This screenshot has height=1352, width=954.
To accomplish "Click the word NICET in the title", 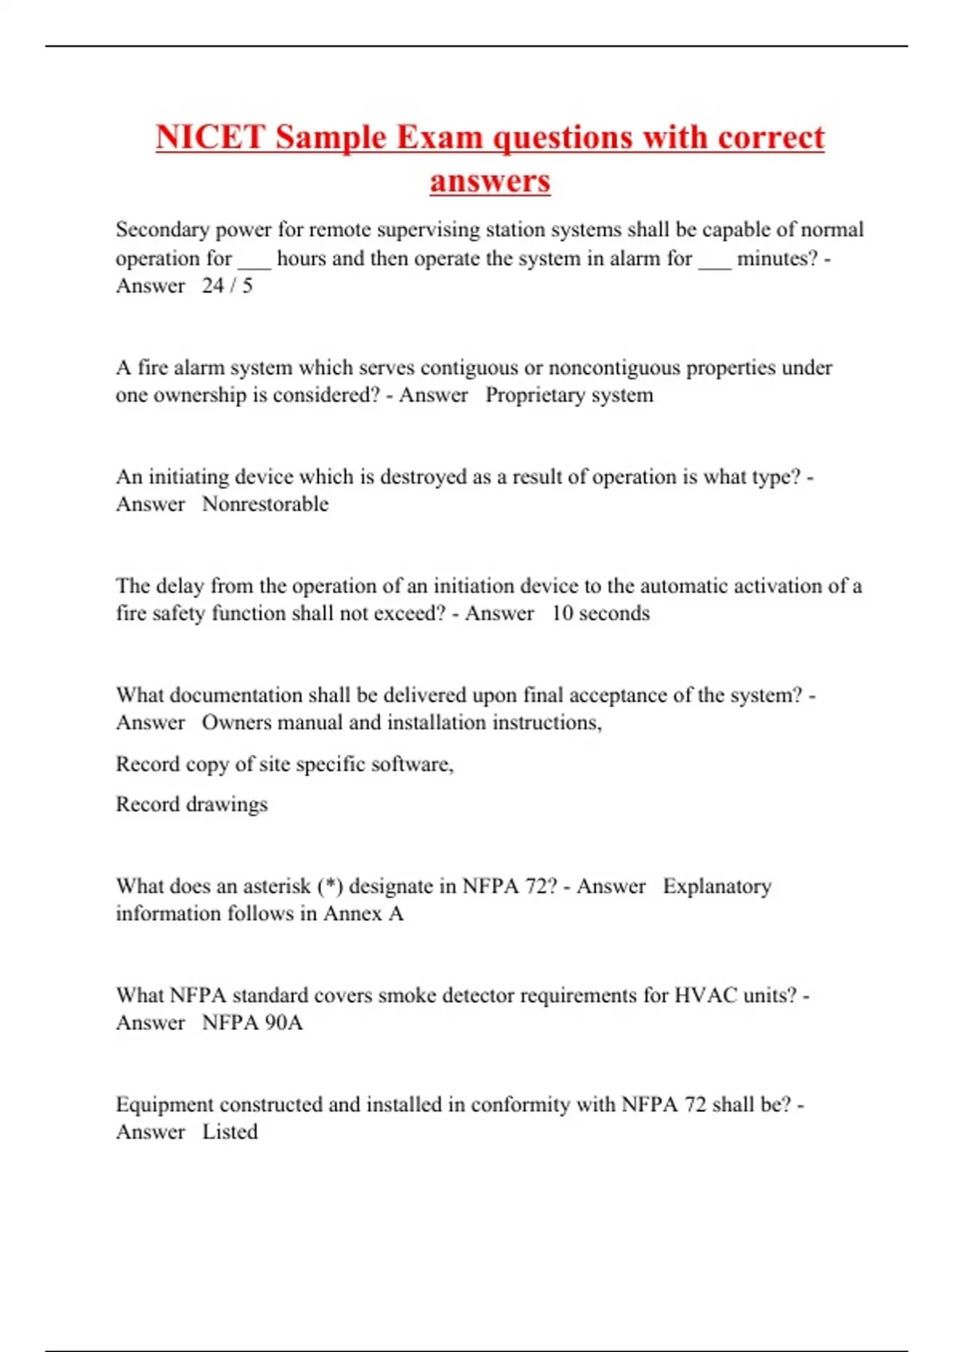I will (x=210, y=137).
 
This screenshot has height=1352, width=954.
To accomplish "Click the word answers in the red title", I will (x=490, y=181).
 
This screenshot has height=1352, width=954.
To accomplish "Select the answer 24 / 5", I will (x=227, y=286).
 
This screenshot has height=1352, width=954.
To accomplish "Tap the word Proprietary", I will (x=535, y=395).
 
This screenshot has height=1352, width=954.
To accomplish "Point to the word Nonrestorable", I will (x=265, y=504).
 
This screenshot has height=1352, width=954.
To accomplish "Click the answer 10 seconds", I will (x=600, y=613).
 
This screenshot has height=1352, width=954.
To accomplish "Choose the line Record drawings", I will (x=192, y=804).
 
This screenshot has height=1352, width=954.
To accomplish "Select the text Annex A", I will (x=363, y=914).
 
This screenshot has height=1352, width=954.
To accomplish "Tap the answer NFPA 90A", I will (x=252, y=1023).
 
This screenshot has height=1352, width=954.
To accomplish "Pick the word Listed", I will (x=230, y=1132).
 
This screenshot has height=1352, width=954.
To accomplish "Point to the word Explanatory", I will (x=717, y=886).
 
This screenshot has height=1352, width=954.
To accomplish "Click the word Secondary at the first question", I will (x=162, y=230).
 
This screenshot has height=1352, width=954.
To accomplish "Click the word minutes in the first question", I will (x=774, y=258).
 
